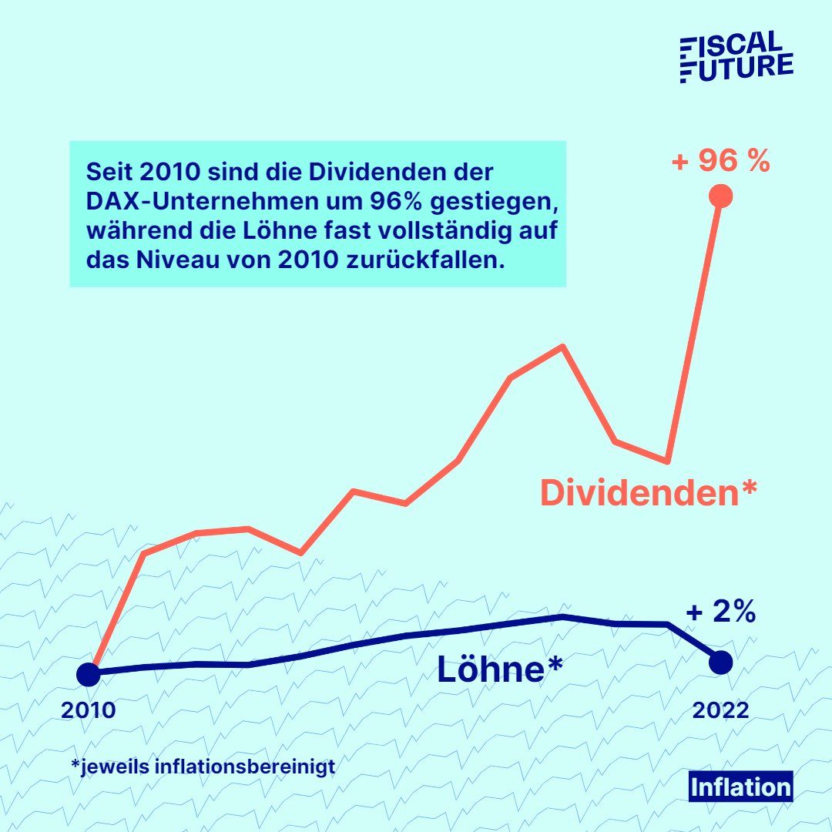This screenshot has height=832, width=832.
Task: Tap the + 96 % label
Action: click(x=720, y=162)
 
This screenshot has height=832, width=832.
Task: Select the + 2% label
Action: click(x=720, y=612)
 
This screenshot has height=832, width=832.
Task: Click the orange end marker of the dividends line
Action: click(x=720, y=196)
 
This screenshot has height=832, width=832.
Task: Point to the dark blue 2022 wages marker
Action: click(x=721, y=662)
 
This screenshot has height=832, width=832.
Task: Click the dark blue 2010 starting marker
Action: click(x=89, y=674)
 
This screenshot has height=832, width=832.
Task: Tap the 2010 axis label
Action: click(x=89, y=710)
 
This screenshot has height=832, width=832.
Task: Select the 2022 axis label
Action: click(x=720, y=710)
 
